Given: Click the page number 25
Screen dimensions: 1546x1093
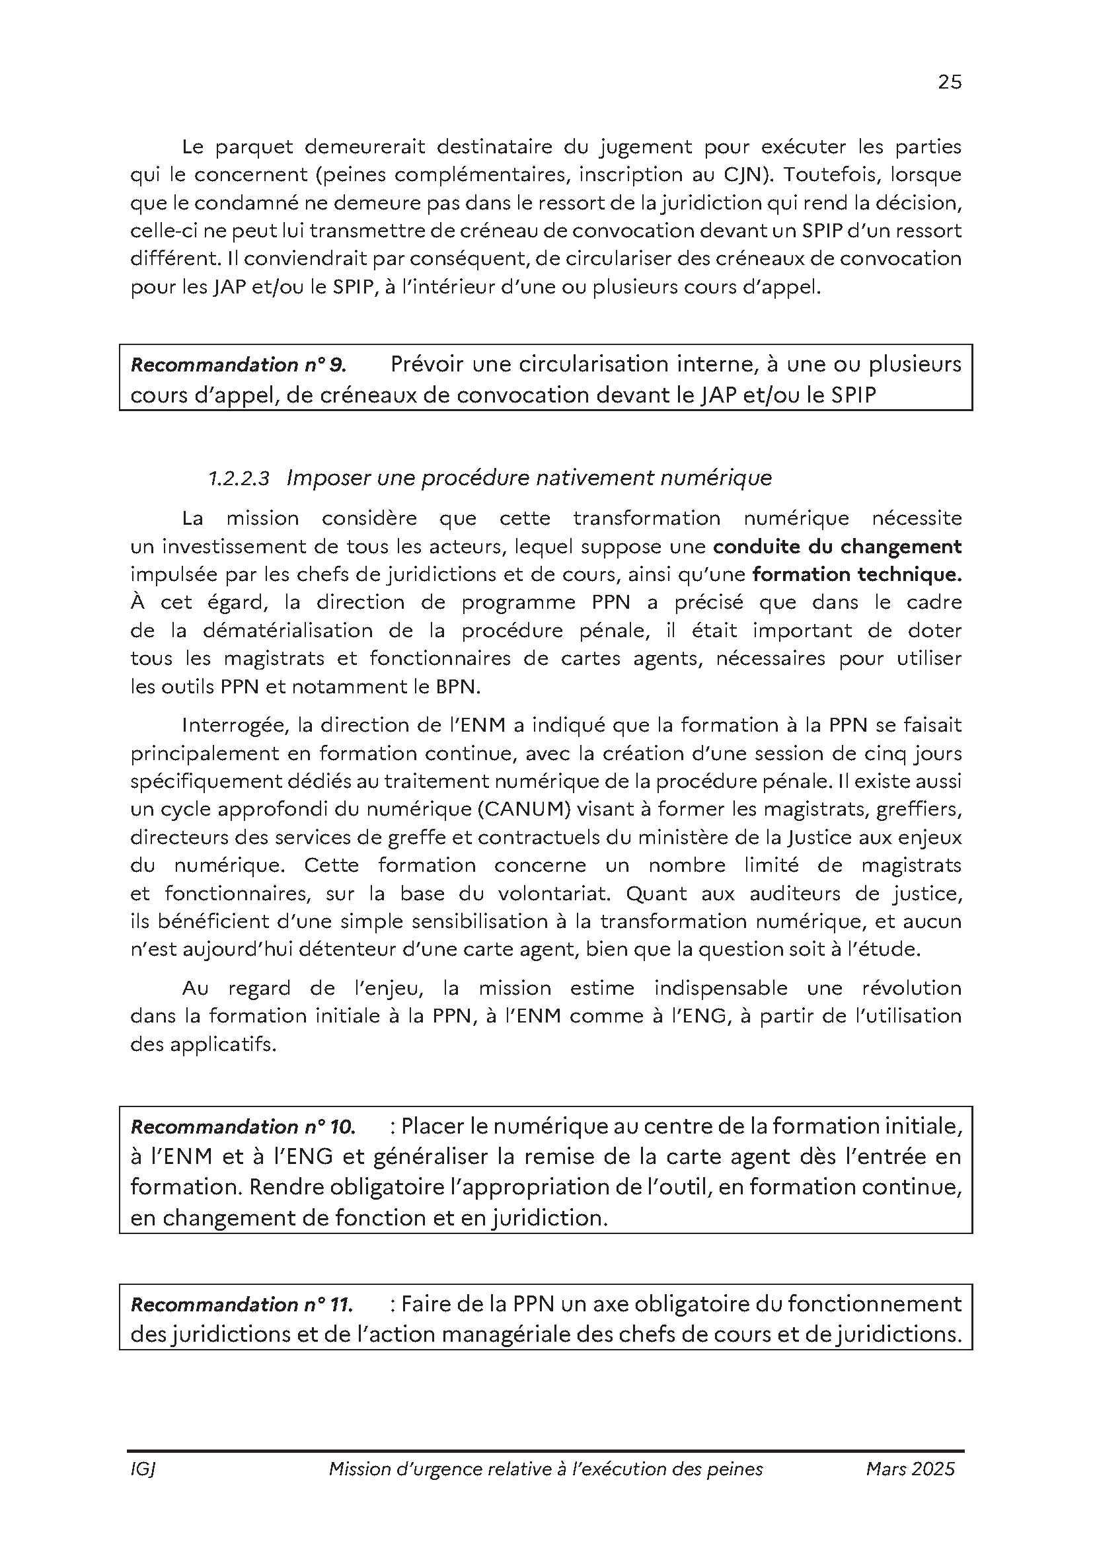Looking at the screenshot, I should pos(949,82).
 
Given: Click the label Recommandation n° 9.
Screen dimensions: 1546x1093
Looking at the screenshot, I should pos(239,365).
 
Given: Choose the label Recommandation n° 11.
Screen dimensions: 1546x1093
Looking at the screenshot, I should pos(242,1304).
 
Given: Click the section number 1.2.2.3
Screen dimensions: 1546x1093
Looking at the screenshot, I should pos(239,478).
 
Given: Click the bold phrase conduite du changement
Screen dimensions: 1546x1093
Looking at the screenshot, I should pos(837,546).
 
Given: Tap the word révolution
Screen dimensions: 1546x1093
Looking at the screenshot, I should pos(911,987).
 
